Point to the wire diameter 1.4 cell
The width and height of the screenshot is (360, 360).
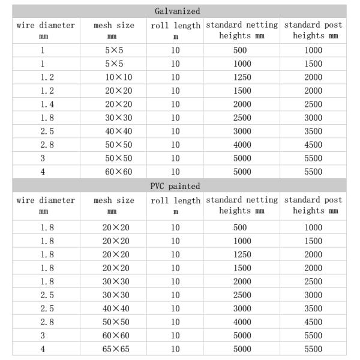tap(43, 104)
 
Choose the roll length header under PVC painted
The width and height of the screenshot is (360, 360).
tap(175, 205)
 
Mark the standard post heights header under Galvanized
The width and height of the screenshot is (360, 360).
tap(313, 31)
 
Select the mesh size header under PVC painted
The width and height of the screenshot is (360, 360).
tap(114, 205)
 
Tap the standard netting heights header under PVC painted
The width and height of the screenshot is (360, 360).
tap(242, 205)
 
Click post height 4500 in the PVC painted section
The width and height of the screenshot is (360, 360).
tap(313, 322)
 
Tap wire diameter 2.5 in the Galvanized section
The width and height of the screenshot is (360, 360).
tap(43, 131)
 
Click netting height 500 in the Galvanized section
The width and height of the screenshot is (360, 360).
tap(240, 50)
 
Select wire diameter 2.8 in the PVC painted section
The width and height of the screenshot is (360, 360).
tap(43, 322)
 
